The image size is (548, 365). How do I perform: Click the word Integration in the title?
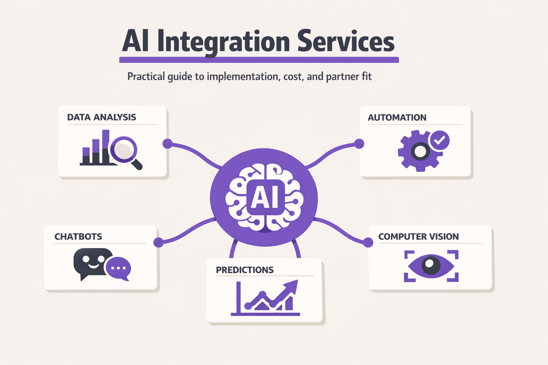[x=223, y=42]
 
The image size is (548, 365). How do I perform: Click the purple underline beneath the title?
[x=259, y=60]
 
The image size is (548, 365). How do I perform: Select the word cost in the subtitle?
[x=293, y=77]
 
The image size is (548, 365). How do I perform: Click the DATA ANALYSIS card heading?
[x=102, y=117]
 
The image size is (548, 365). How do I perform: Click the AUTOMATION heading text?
[x=397, y=118]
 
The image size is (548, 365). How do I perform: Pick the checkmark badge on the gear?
[x=439, y=140]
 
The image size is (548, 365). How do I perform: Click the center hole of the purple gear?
[x=420, y=151]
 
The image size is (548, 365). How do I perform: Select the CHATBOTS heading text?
[x=78, y=237]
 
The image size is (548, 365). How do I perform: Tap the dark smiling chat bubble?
[x=91, y=262]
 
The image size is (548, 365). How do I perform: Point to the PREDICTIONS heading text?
[x=245, y=270]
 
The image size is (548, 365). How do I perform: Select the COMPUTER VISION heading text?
[x=418, y=237]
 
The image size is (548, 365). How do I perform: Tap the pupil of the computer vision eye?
[x=431, y=266]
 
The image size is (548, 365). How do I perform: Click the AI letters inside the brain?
[x=265, y=198]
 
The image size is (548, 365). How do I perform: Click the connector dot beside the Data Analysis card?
[x=167, y=144]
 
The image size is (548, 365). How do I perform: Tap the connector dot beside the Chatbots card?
[x=158, y=242]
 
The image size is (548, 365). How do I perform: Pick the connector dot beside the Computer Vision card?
[x=368, y=242]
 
